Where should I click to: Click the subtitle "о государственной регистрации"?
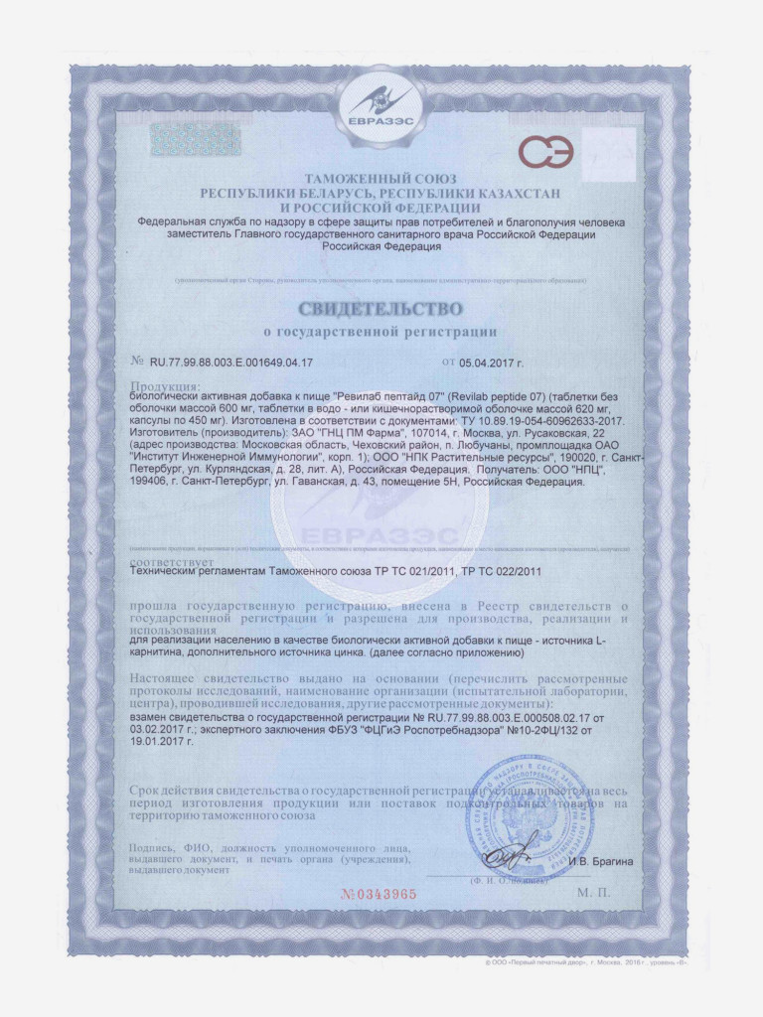coord(381,330)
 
